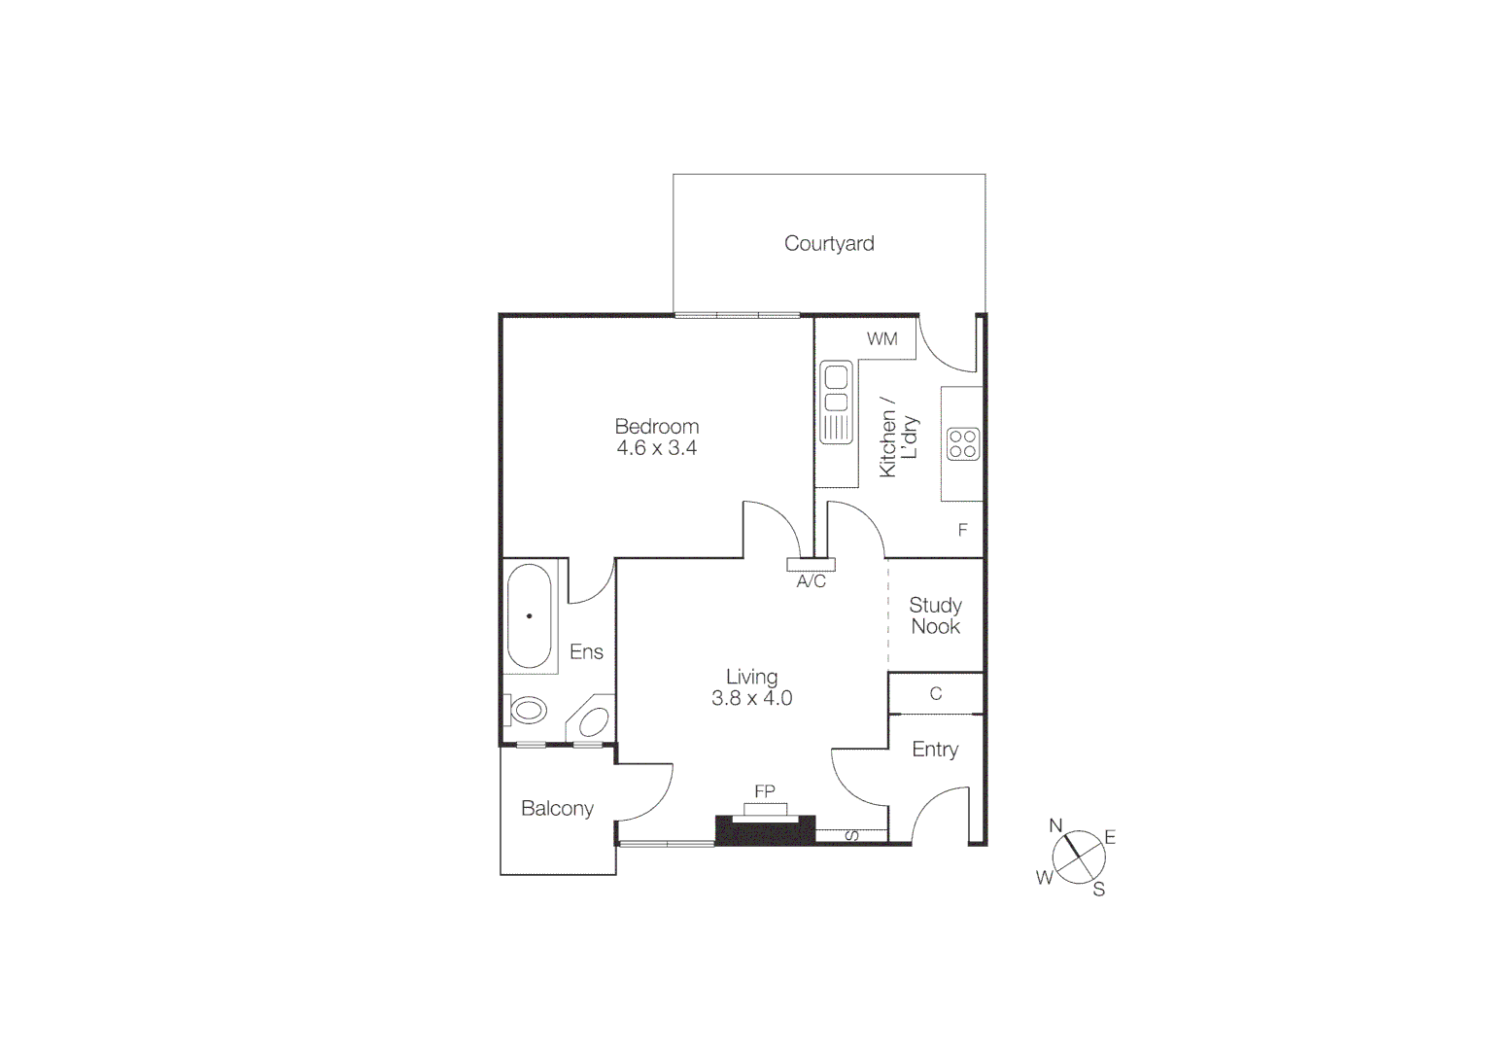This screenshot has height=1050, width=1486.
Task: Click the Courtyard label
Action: (829, 243)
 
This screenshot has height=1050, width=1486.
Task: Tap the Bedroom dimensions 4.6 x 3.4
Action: (657, 448)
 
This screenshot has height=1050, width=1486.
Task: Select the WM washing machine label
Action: (882, 339)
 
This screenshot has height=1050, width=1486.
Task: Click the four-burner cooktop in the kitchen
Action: (962, 444)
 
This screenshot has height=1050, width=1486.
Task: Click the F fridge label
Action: (963, 530)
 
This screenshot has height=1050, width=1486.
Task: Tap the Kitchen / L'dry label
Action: (898, 437)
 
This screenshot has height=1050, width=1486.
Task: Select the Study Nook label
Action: (935, 616)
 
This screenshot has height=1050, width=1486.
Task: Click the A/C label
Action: (812, 581)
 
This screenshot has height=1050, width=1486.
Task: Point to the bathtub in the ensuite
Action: (530, 615)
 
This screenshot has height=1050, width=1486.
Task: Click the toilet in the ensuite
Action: (527, 710)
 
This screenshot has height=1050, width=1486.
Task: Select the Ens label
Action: (586, 652)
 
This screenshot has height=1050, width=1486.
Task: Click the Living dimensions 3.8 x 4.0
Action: (752, 698)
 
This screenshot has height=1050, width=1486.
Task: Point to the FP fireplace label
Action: (765, 791)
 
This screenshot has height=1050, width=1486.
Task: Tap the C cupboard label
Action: (936, 694)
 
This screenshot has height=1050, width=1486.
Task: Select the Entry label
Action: (935, 750)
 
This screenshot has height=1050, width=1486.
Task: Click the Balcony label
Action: (557, 809)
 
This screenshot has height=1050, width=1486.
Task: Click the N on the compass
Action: (1056, 825)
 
